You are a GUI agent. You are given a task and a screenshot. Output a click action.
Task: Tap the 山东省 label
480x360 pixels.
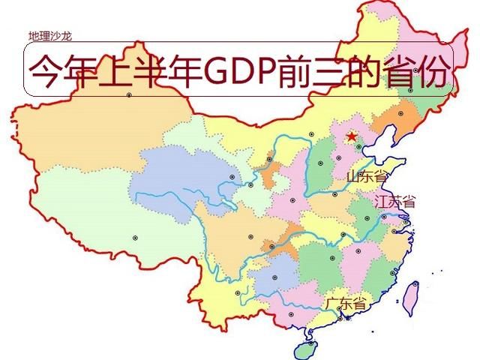click(367, 177)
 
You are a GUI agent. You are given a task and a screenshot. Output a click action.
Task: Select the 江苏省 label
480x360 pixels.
click(394, 202)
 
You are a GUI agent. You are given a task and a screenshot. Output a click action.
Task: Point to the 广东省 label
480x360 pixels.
click(346, 304)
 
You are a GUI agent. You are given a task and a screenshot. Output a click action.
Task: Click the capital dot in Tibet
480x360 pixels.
click(136, 238)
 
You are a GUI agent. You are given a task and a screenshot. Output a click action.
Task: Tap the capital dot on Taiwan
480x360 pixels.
click(415, 283)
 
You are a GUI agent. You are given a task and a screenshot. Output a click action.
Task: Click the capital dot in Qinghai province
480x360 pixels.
click(232, 177)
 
